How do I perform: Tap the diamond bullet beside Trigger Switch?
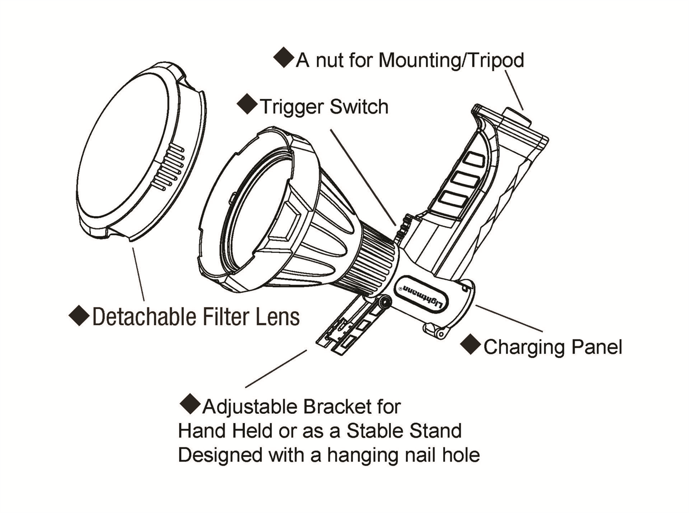pyautogui.click(x=247, y=104)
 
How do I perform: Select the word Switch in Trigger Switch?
pyautogui.click(x=359, y=107)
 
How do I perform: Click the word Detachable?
pyautogui.click(x=144, y=316)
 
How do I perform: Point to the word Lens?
pyautogui.click(x=278, y=316)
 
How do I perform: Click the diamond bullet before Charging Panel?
pyautogui.click(x=470, y=344)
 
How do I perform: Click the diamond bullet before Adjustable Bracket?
pyautogui.click(x=190, y=404)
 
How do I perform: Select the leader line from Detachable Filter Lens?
pyautogui.click(x=138, y=274)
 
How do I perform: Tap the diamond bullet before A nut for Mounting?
pyautogui.click(x=283, y=57)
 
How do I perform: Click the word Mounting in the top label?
pyautogui.click(x=419, y=61)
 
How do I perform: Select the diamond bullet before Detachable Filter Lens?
pyautogui.click(x=79, y=316)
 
